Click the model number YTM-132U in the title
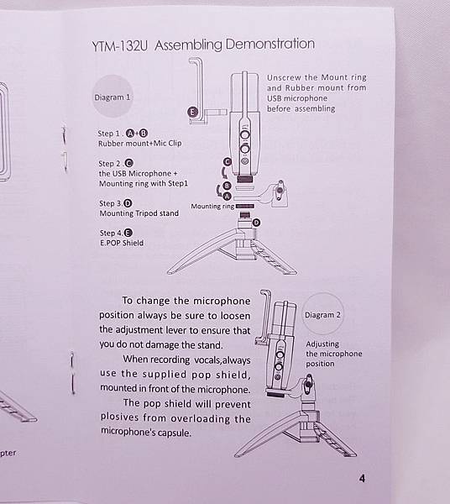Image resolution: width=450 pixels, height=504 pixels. click(x=119, y=46)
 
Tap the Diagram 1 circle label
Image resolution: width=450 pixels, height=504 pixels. click(x=112, y=97)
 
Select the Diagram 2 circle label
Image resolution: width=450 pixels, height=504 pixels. click(x=322, y=314)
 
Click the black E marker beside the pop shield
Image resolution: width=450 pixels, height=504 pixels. click(x=192, y=112)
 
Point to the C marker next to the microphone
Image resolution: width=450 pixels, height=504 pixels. click(x=228, y=161)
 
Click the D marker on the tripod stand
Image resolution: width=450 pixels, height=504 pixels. click(x=256, y=223)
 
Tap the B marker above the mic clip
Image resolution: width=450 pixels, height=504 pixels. click(x=227, y=186)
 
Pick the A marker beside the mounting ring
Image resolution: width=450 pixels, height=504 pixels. click(x=227, y=196)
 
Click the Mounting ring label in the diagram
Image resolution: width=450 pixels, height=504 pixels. click(x=212, y=206)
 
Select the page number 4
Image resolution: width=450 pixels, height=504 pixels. click(x=362, y=479)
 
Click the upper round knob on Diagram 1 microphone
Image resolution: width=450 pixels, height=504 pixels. click(x=245, y=134)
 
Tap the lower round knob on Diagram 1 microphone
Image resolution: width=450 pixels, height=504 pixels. click(x=245, y=149)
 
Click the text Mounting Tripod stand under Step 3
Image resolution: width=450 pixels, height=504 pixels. click(x=139, y=213)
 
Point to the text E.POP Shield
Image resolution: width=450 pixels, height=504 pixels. click(x=122, y=243)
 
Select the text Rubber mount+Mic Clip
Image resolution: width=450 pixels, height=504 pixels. click(x=139, y=144)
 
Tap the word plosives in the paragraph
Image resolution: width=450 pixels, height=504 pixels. click(x=120, y=417)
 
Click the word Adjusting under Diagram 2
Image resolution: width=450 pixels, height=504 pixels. click(x=322, y=344)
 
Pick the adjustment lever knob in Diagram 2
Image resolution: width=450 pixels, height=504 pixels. click(x=309, y=384)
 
